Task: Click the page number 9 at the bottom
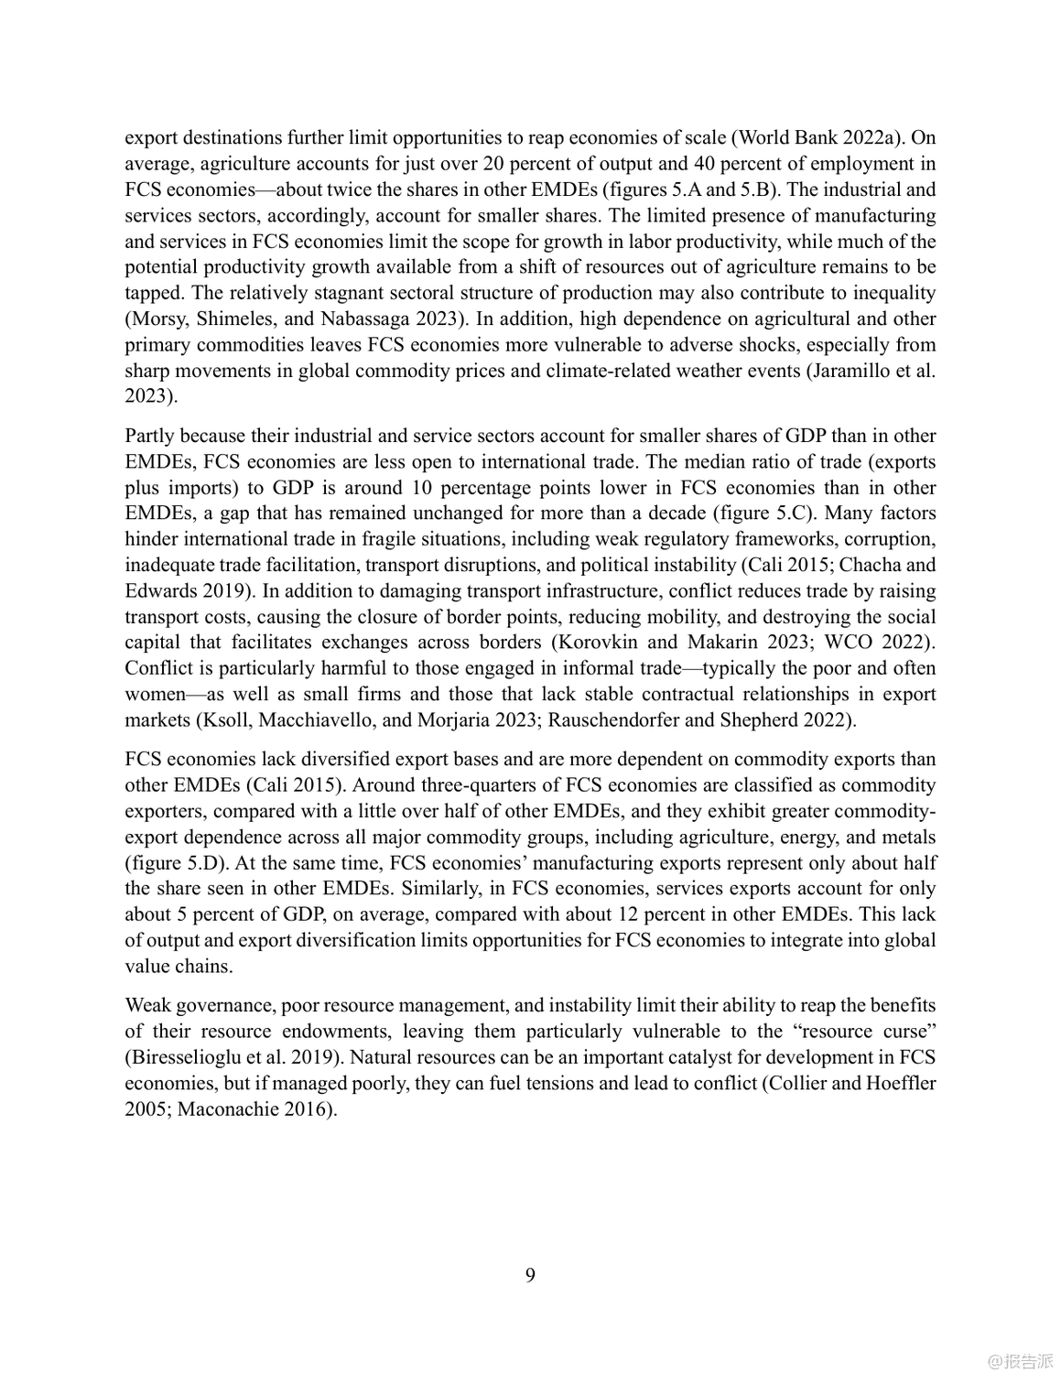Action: (x=530, y=1275)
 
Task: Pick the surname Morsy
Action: (x=156, y=319)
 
